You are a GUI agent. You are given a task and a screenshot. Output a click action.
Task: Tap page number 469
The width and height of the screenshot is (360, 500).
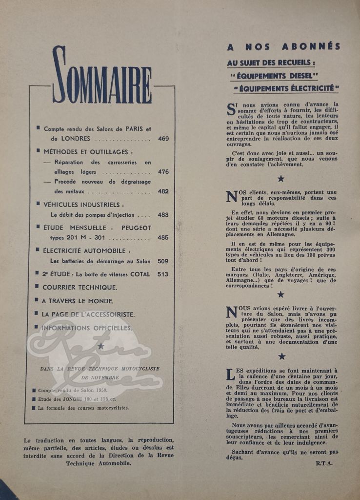point(163,139)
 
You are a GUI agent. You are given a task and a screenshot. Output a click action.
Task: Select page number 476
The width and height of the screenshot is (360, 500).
point(163,172)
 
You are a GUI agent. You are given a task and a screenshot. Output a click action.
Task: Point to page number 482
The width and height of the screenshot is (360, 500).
point(163,192)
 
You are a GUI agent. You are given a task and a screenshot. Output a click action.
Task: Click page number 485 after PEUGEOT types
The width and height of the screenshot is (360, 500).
point(163,238)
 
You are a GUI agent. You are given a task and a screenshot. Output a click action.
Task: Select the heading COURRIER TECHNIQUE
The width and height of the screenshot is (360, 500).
point(79,287)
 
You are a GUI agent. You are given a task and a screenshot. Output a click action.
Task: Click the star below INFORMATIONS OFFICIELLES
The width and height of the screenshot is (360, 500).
point(100,346)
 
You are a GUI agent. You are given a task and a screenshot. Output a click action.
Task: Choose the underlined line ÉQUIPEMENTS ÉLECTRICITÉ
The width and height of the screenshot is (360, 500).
point(286,88)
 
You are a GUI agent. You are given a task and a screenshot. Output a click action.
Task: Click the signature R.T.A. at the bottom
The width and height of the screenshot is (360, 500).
point(324,463)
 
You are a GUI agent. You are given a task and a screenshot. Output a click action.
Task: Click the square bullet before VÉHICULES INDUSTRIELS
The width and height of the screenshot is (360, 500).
point(38,204)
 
